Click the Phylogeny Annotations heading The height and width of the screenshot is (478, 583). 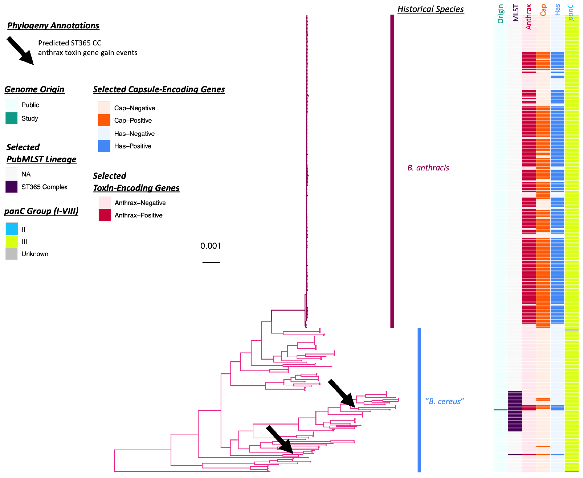click(53, 26)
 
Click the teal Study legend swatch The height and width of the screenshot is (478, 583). click(12, 118)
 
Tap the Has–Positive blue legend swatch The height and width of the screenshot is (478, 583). click(104, 146)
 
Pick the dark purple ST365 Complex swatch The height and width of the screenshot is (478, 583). click(12, 187)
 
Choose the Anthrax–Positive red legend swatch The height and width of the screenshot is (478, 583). click(105, 215)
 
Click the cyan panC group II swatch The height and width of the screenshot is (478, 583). click(12, 229)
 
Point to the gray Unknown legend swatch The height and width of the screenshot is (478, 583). click(12, 254)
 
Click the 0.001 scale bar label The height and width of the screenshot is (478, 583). click(210, 246)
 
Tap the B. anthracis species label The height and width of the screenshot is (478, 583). click(428, 168)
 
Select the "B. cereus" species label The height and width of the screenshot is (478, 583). click(444, 401)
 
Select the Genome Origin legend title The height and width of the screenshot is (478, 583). click(34, 89)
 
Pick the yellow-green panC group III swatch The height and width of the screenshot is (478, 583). click(12, 242)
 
